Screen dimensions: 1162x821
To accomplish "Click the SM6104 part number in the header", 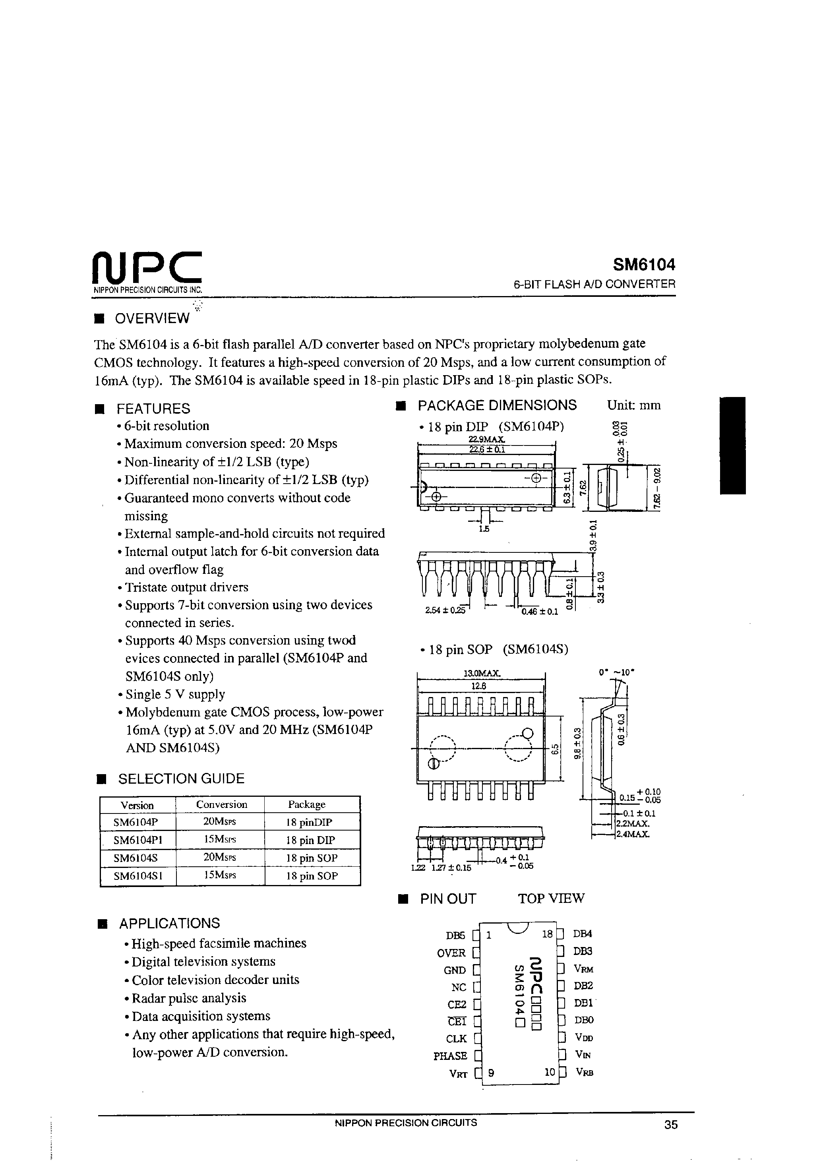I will click(644, 265).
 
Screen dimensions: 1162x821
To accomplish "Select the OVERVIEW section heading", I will click(152, 318).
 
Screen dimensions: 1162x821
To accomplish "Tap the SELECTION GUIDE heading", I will click(181, 779).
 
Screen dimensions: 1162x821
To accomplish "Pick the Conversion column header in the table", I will click(222, 805).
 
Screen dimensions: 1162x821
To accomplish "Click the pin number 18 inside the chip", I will click(547, 934).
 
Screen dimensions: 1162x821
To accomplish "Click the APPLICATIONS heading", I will click(170, 923).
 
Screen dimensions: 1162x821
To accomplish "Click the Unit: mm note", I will click(634, 405).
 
